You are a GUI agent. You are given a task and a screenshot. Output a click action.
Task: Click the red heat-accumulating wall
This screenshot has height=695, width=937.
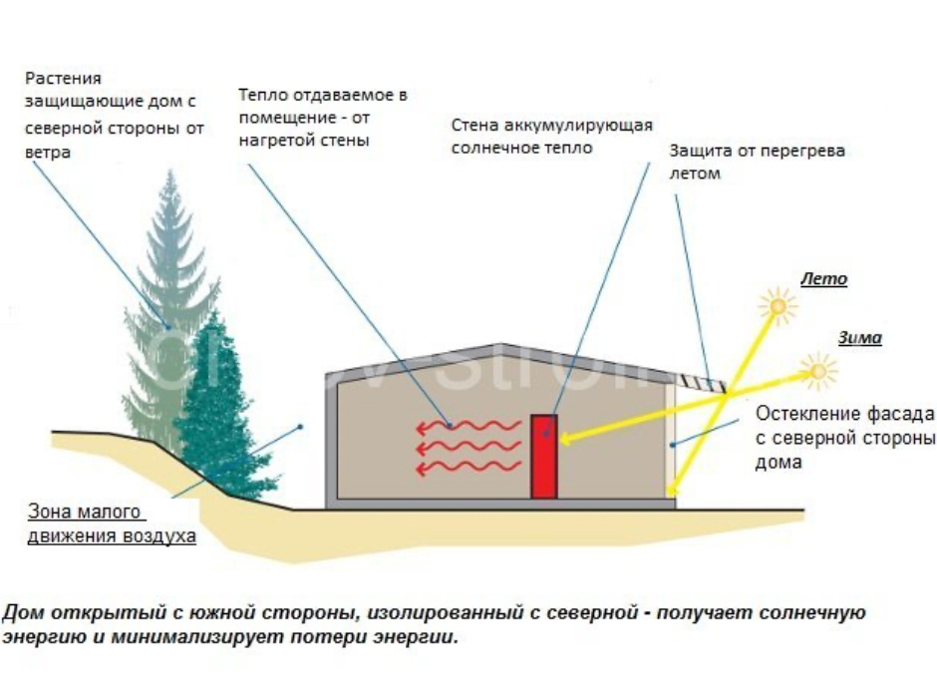click(x=543, y=456)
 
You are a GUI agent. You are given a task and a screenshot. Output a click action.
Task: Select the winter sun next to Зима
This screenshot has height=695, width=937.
click(x=820, y=372)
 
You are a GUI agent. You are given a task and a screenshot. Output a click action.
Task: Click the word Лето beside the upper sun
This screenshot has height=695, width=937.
click(x=823, y=279)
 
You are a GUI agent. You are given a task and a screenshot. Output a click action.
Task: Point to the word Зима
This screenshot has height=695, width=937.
click(x=859, y=338)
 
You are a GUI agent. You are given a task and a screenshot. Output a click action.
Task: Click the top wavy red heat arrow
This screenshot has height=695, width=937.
click(x=468, y=427)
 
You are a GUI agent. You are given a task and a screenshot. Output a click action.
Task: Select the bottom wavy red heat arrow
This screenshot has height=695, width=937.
click(x=468, y=469)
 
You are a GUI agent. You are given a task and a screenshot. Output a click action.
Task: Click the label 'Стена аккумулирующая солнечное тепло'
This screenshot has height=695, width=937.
click(x=551, y=137)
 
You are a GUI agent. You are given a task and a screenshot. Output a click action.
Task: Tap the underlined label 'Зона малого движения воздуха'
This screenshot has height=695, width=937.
click(x=111, y=523)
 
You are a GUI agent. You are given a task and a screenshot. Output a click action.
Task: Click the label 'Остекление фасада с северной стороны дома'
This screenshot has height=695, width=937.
click(x=845, y=438)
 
